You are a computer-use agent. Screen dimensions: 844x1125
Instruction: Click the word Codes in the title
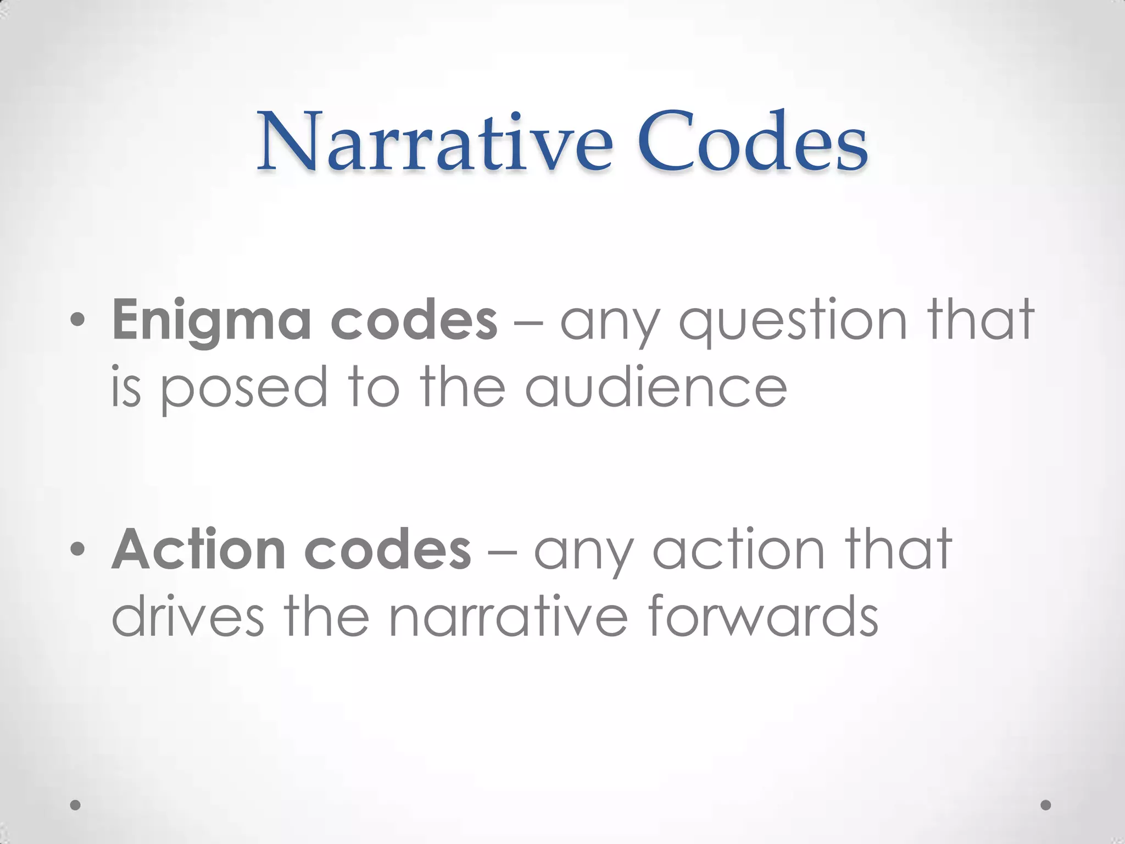click(x=753, y=141)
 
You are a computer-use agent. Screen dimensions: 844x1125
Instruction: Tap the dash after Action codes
click(x=501, y=551)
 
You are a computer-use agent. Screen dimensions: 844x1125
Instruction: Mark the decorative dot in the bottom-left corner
click(x=76, y=805)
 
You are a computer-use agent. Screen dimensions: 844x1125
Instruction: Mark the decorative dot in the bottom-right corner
click(x=1046, y=805)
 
